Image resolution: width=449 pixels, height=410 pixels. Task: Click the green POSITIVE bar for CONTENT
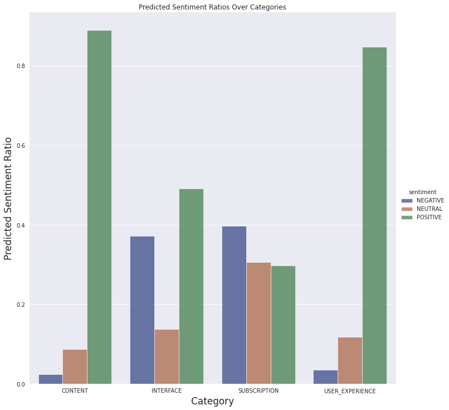99,207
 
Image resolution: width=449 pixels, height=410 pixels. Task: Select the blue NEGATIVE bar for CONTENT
51,379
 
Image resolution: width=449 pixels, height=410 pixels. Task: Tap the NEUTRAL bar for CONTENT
75,366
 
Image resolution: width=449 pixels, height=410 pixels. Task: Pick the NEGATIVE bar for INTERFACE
142,310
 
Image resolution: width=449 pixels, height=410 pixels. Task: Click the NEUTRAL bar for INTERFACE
167,356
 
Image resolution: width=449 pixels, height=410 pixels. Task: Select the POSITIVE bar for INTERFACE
191,286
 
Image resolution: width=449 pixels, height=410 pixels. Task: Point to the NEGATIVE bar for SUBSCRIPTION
234,305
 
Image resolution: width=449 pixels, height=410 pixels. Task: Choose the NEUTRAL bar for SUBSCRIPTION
258,323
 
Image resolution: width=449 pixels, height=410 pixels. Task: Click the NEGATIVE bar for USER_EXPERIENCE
325,377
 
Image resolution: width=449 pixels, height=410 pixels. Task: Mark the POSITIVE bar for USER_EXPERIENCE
374,215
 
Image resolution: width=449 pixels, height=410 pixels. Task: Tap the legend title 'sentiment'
422,192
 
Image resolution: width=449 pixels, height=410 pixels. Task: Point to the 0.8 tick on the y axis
20,66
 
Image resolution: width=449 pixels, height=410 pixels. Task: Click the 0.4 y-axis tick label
20,225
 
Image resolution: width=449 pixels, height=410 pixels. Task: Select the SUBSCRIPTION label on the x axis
258,391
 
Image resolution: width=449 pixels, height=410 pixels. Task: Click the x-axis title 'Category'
212,402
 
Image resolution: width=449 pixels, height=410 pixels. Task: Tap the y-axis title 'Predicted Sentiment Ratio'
8,198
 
